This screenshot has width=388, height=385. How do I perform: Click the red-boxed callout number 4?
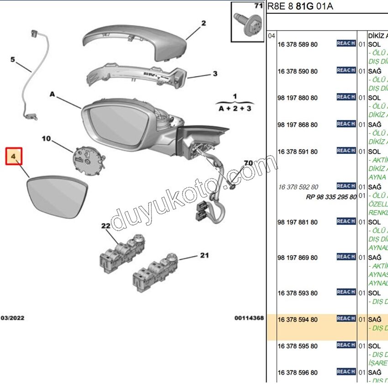tap(14, 157)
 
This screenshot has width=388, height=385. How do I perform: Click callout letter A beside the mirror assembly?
tap(52, 95)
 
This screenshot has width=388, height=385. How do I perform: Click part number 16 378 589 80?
tap(298, 44)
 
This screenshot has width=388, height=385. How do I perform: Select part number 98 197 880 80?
tap(298, 98)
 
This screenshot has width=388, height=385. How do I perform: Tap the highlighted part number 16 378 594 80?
tap(298, 320)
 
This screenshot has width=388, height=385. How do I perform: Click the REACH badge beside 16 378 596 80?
tap(346, 371)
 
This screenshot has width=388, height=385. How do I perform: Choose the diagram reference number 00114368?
tap(249, 318)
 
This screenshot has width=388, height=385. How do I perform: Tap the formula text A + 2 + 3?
tap(235, 108)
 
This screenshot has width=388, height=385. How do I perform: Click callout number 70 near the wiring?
tap(248, 163)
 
